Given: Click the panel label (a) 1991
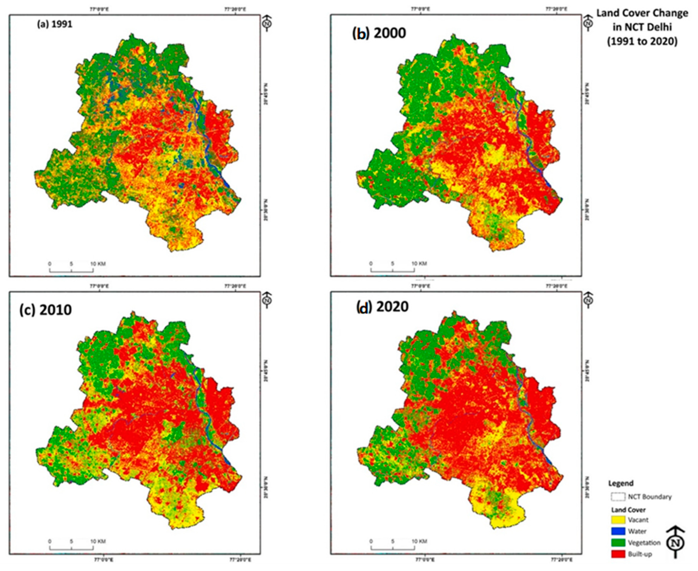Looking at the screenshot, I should pyautogui.click(x=54, y=25).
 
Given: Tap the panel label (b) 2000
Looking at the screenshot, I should pyautogui.click(x=379, y=33).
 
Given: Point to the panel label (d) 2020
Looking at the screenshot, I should pyautogui.click(x=382, y=306).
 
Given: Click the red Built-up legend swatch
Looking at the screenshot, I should pyautogui.click(x=618, y=554).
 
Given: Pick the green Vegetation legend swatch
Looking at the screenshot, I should pyautogui.click(x=618, y=543).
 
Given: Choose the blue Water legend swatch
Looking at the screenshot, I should pyautogui.click(x=618, y=531).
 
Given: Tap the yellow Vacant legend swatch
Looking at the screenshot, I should pyautogui.click(x=618, y=520).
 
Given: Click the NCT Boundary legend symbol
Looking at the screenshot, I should pyautogui.click(x=618, y=497).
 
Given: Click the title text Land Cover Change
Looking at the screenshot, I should pyautogui.click(x=642, y=13).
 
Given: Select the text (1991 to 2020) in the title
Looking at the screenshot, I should pyautogui.click(x=642, y=42).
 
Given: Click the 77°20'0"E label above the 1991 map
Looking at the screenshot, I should pyautogui.click(x=236, y=9).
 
